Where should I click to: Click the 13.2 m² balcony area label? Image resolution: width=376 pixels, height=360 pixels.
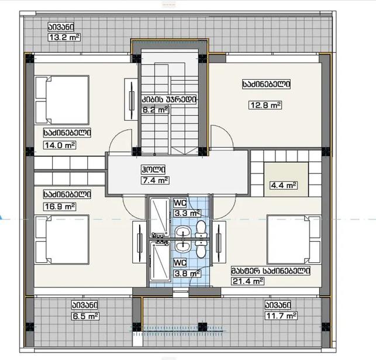(x=64, y=37)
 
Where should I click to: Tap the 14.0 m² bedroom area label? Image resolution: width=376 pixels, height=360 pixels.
(x=60, y=145)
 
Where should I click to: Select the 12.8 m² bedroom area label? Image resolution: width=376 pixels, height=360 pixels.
(x=265, y=105)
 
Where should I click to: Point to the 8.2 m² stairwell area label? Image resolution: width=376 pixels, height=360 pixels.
(x=156, y=110)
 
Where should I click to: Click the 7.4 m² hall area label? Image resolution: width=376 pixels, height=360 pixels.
(x=155, y=180)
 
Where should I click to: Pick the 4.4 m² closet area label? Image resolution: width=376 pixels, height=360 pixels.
(x=284, y=186)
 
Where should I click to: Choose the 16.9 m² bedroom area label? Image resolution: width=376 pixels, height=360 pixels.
(x=60, y=207)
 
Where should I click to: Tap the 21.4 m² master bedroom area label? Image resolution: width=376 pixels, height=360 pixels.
(x=248, y=281)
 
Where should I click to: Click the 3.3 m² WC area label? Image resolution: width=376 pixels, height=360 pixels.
(x=187, y=213)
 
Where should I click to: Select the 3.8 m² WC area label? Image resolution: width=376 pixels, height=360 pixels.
(x=187, y=273)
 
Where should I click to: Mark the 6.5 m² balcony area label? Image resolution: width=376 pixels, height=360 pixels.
(x=85, y=316)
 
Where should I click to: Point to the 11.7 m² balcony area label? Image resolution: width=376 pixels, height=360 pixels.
(x=281, y=316)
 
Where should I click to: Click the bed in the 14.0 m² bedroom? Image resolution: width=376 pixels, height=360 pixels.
(x=63, y=100)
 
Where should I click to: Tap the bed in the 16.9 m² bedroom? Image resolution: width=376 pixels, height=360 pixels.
(x=63, y=239)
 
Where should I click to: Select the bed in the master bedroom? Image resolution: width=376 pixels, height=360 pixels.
(x=294, y=239)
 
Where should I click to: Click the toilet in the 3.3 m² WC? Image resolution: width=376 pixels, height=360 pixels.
(x=201, y=229)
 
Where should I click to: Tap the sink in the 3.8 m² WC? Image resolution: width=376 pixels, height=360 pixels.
(x=183, y=246)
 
